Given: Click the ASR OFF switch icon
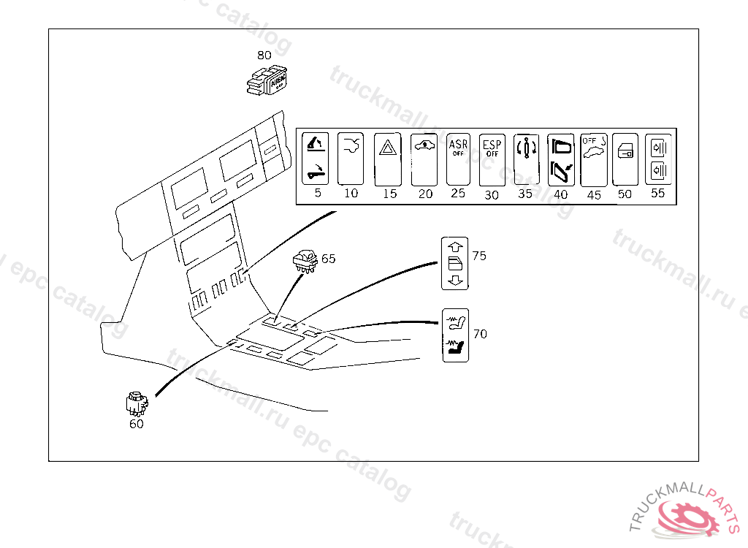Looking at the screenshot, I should pyautogui.click(x=458, y=159).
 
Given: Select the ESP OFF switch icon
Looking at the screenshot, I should pyautogui.click(x=492, y=159).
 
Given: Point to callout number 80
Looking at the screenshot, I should pyautogui.click(x=264, y=55).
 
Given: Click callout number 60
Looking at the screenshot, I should pyautogui.click(x=136, y=424).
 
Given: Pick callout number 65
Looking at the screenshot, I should pyautogui.click(x=329, y=259).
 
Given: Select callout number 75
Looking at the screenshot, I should pyautogui.click(x=479, y=256).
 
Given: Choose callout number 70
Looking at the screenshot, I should pyautogui.click(x=480, y=334).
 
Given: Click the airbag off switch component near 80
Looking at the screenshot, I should pyautogui.click(x=268, y=81).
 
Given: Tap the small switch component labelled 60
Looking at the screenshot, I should pyautogui.click(x=136, y=402).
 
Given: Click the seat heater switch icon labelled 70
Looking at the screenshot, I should pyautogui.click(x=456, y=335).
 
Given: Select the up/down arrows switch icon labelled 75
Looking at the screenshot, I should pyautogui.click(x=455, y=263).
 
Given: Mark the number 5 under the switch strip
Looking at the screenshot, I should pyautogui.click(x=318, y=194).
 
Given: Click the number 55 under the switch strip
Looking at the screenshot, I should pyautogui.click(x=657, y=194).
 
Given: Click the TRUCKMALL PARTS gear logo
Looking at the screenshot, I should pyautogui.click(x=687, y=514).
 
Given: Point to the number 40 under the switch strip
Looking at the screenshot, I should pyautogui.click(x=560, y=195).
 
